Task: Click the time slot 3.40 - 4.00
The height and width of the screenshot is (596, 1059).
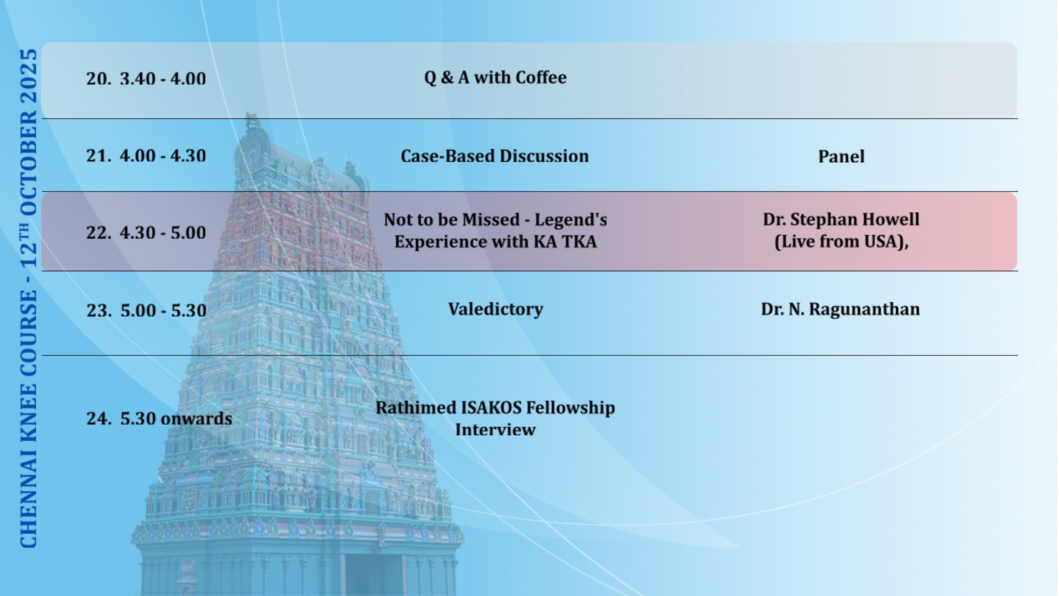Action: click(163, 78)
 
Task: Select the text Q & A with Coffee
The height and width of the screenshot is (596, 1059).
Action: click(495, 77)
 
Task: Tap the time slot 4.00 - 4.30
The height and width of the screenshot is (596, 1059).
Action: click(163, 156)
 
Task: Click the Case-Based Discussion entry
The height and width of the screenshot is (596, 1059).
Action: click(495, 156)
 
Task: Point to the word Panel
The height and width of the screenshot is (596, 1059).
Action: click(841, 156)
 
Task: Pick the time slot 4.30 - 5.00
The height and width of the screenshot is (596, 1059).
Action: click(163, 233)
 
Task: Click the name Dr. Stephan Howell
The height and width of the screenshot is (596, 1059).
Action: click(841, 219)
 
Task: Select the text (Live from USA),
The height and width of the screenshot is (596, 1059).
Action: click(841, 242)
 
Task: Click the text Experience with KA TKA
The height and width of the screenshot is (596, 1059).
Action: click(496, 241)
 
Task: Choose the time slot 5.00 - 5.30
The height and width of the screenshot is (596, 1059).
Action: click(163, 310)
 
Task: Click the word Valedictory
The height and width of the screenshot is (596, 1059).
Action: click(496, 309)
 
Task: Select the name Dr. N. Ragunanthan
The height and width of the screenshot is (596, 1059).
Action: click(840, 309)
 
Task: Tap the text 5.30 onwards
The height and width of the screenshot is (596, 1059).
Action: click(176, 418)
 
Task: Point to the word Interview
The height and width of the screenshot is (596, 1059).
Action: click(495, 430)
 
